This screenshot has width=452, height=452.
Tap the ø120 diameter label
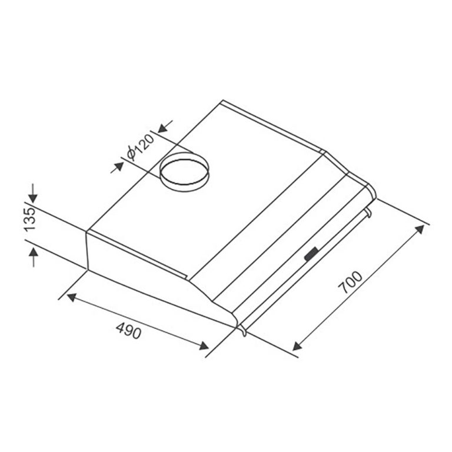coord(139,147)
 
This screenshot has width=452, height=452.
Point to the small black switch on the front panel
coord(311,254)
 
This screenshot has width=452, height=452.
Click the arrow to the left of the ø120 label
coord(117,165)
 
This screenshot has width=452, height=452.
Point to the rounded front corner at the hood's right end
coord(371,191)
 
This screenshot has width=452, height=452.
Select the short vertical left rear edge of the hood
coord(88,250)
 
